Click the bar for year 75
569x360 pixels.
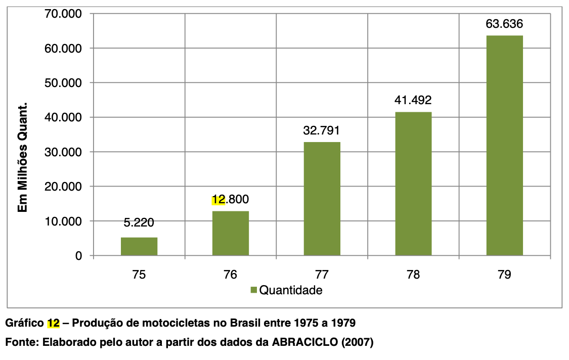point(139,246)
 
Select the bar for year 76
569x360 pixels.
point(231,233)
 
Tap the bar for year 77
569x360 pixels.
point(322,199)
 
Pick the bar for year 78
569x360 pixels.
point(413,184)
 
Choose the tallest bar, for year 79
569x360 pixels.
point(504,146)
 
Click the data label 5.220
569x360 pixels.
point(139,222)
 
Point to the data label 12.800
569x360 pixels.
point(231,199)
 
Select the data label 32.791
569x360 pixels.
point(322,130)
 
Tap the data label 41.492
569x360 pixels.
point(413,100)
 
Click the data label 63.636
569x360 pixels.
point(504,24)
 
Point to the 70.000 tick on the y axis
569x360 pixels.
point(64,14)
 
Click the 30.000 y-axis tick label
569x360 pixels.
point(64,152)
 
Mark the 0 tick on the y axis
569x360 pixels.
point(78,256)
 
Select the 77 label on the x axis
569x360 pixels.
point(322,275)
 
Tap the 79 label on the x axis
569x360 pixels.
point(504,275)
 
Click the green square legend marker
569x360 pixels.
point(253,290)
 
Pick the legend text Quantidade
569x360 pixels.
point(290,290)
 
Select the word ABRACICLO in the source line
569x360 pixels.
point(306,342)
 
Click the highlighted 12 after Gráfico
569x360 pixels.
point(54,323)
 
